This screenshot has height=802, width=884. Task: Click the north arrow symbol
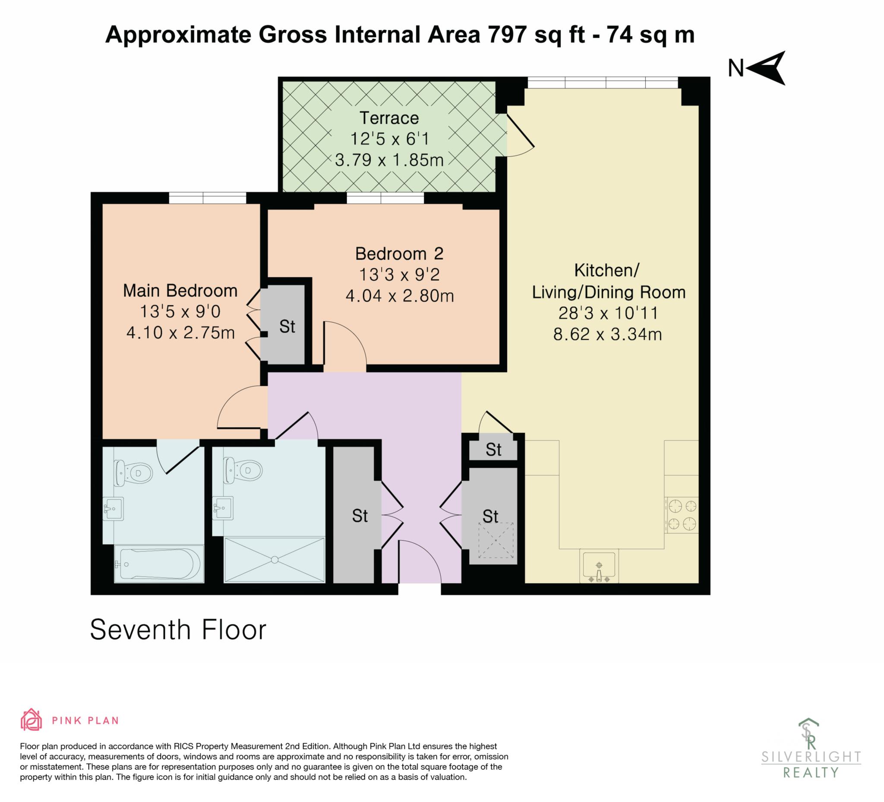click(x=766, y=69)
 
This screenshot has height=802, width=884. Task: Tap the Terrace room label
click(x=389, y=118)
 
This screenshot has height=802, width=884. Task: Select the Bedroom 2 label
click(x=399, y=254)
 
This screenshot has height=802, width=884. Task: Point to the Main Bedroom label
click(x=180, y=291)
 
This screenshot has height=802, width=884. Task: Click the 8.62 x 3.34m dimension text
click(x=607, y=334)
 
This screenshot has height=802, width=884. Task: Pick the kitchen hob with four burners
click(x=682, y=515)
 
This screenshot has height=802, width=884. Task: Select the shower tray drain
click(x=275, y=560)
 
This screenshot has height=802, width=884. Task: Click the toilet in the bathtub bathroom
click(x=133, y=473)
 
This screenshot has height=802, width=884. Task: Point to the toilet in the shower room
click(x=243, y=470)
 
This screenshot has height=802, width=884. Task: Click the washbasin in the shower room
click(x=223, y=508)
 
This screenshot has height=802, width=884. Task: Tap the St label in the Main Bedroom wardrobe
click(x=287, y=327)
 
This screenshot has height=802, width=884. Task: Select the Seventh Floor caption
click(x=178, y=630)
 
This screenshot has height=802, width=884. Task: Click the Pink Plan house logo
click(x=31, y=720)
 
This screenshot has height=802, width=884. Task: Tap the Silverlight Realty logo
click(x=811, y=750)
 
